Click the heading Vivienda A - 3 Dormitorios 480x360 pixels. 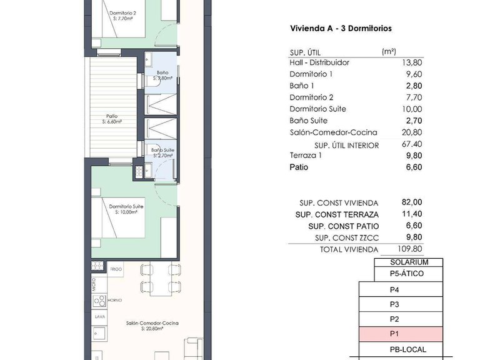click(x=341, y=29)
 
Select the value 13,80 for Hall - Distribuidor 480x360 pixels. click(x=410, y=62)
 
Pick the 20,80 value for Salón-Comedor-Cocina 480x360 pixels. click(x=410, y=132)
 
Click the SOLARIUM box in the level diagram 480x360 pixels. click(x=409, y=262)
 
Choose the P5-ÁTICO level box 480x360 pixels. click(x=409, y=274)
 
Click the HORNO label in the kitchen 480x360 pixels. click(x=115, y=301)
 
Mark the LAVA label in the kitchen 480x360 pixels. click(x=99, y=317)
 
